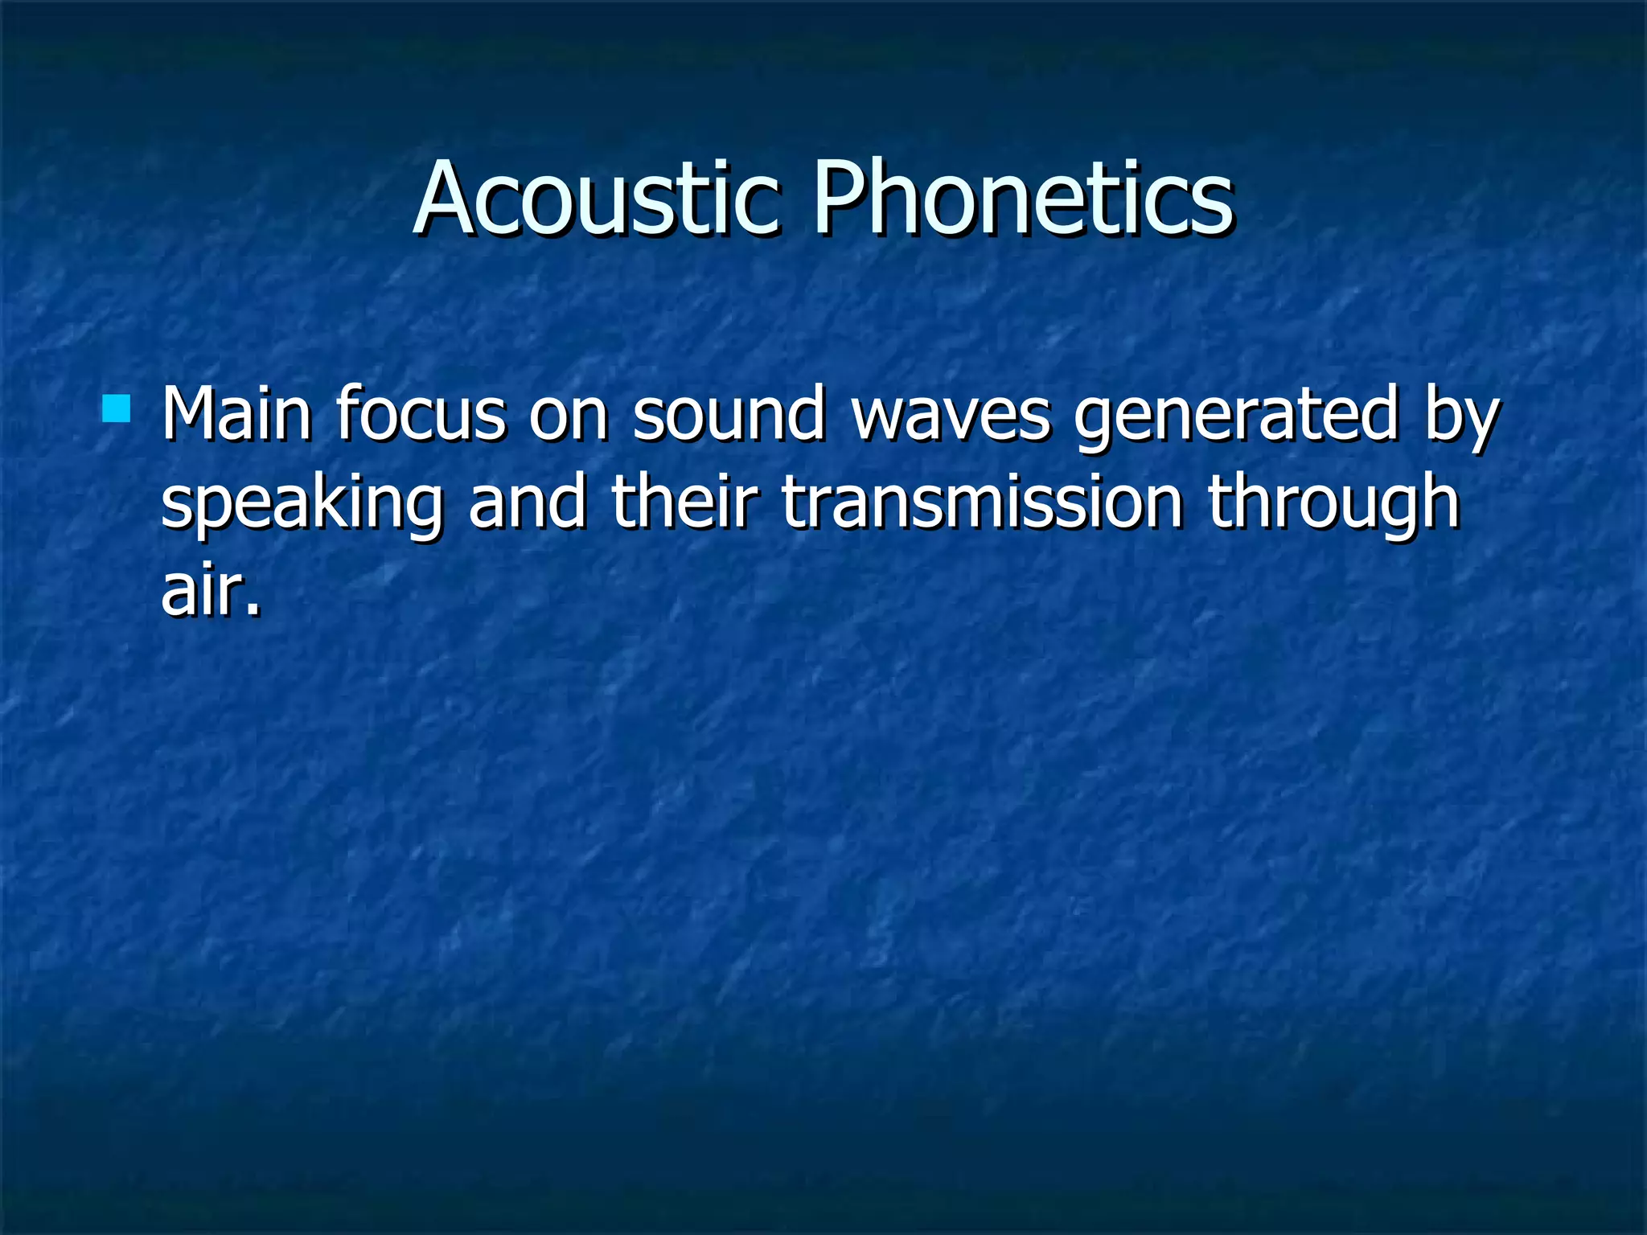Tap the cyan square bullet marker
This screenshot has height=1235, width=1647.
coord(117,408)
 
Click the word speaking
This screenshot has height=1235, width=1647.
coord(302,505)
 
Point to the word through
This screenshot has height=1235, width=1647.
coord(1333,505)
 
